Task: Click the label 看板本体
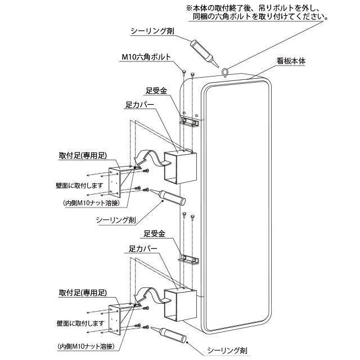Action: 290,61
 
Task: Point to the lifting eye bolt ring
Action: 225,71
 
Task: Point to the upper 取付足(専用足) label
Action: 83,155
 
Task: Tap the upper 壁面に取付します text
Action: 80,186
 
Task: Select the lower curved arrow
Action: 150,296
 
